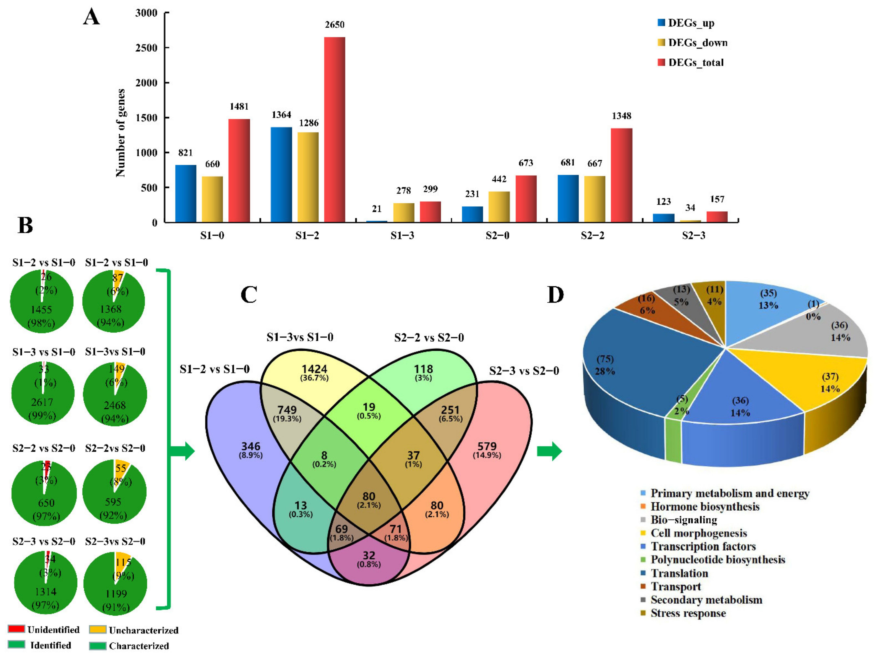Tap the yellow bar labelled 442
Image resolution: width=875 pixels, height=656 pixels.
499,207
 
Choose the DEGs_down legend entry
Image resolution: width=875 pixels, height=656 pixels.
697,43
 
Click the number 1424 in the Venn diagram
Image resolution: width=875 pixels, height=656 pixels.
315,369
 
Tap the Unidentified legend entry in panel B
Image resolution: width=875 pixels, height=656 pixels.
53,629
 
